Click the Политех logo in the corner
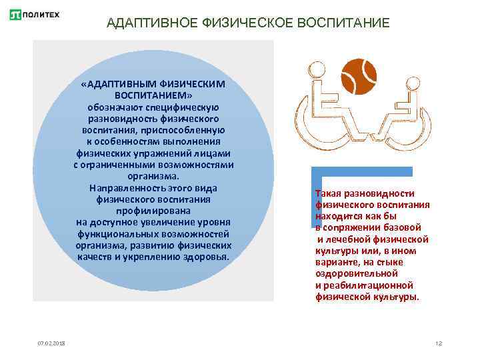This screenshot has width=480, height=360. (35, 14)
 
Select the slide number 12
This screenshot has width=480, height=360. (439, 343)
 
